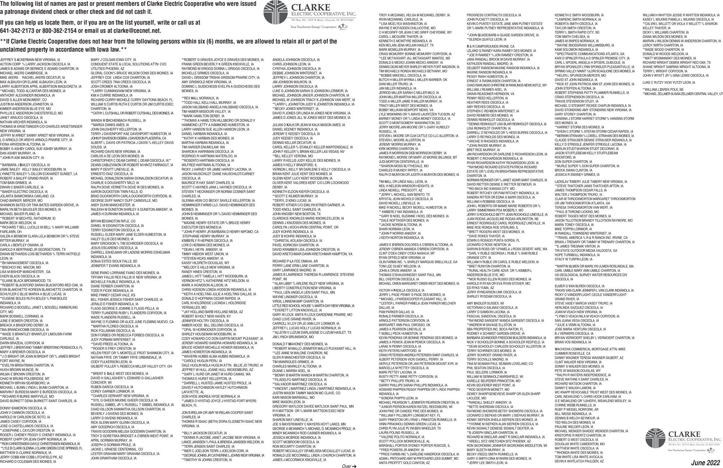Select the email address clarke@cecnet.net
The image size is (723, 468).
tap(137, 31)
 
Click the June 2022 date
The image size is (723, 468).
tap(706, 463)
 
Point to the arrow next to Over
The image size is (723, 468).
tap(354, 466)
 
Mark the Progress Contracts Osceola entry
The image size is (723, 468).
tap(493, 16)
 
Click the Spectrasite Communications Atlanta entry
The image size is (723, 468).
tap(589, 54)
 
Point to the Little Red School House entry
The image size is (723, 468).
tap(313, 306)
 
